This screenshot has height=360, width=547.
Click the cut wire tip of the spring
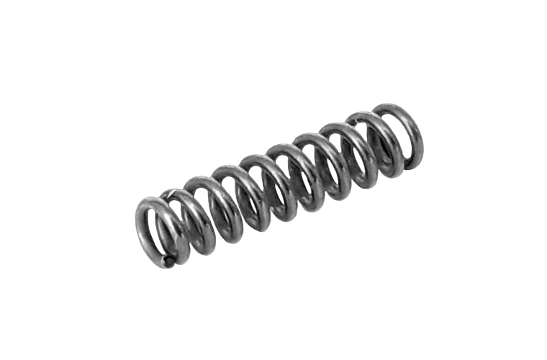pos(168,261)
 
